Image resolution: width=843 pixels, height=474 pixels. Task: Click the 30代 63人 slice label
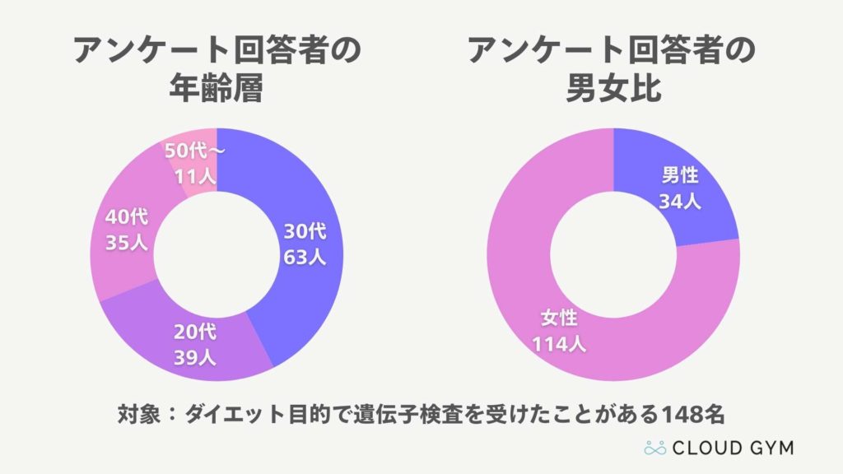305,244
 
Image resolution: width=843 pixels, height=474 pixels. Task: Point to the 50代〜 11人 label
194,164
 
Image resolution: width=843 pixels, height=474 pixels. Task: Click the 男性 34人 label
680,188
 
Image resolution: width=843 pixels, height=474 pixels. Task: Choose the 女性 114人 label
559,331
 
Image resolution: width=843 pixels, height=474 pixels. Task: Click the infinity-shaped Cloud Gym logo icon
654,448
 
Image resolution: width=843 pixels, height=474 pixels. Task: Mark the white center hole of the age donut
216,254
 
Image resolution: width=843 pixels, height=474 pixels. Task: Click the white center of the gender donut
614,254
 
